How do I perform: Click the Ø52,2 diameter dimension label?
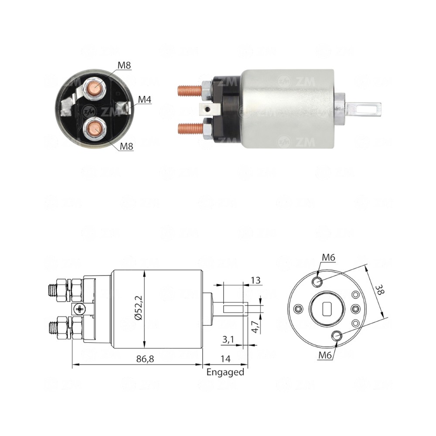pyautogui.click(x=139, y=307)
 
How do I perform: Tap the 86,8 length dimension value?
pyautogui.click(x=145, y=359)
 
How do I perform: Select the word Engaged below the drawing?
pyautogui.click(x=225, y=372)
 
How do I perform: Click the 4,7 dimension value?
pyautogui.click(x=255, y=327)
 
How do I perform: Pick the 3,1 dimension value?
pyautogui.click(x=228, y=339)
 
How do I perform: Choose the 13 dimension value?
pyautogui.click(x=255, y=280)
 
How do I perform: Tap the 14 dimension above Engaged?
pyautogui.click(x=225, y=359)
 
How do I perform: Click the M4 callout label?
pyautogui.click(x=145, y=99)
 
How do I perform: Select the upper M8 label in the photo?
pyautogui.click(x=124, y=65)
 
